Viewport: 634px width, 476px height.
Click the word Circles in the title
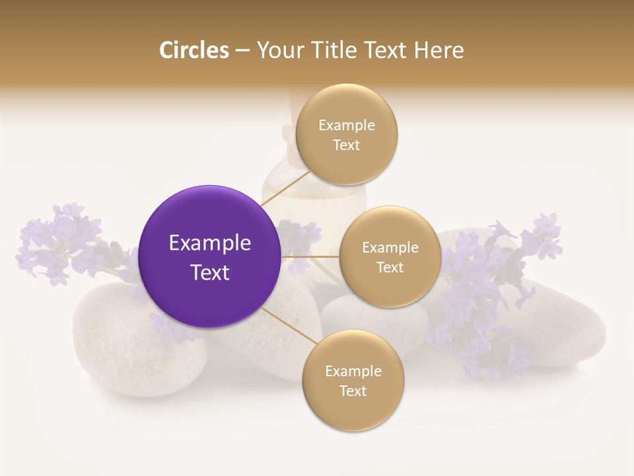coord(194,50)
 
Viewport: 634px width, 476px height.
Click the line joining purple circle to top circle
coord(285,188)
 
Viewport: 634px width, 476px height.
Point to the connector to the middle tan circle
coord(310,257)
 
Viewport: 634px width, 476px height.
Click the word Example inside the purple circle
coord(210,243)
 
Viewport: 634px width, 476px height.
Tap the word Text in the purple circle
coord(210,272)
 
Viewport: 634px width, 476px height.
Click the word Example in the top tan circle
coord(347,126)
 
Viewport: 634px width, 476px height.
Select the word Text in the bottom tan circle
coord(353,391)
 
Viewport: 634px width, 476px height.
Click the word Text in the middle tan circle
coord(390,268)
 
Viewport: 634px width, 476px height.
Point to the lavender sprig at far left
coord(59,241)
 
